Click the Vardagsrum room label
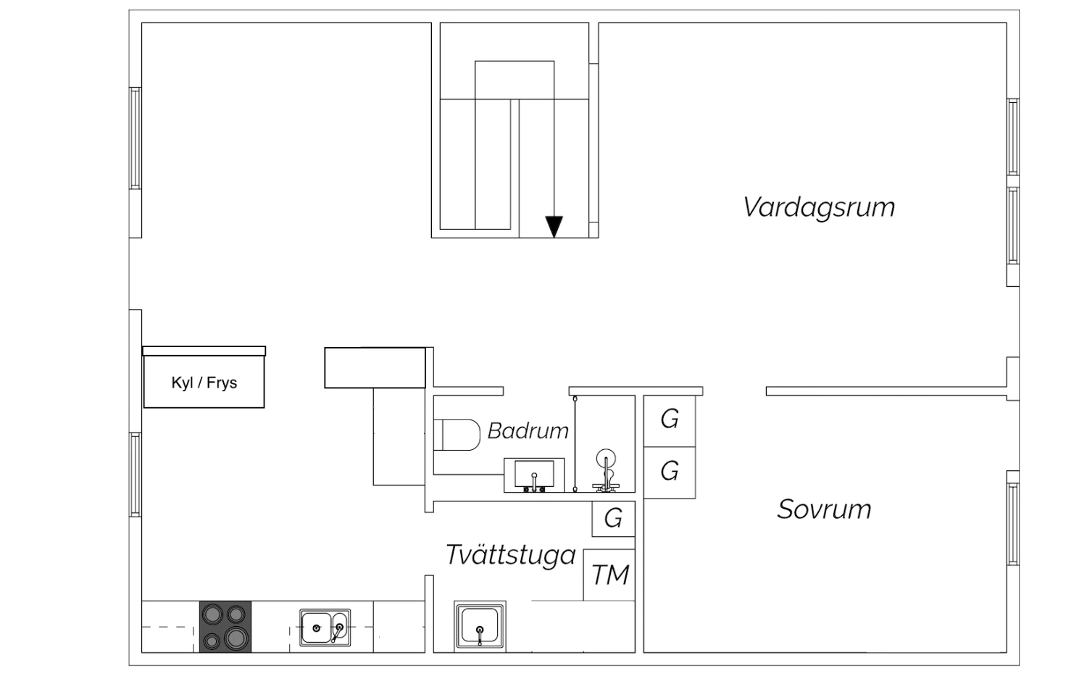[819, 207]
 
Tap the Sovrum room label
[824, 509]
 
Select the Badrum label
[528, 430]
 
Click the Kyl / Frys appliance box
[204, 382]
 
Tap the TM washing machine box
[609, 575]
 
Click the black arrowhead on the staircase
[554, 227]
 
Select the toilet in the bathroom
[457, 435]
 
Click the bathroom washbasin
[534, 475]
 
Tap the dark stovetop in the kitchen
[225, 627]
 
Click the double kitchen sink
[325, 628]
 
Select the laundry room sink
[480, 626]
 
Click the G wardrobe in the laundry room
[613, 519]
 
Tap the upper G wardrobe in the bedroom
[670, 420]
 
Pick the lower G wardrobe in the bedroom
[670, 472]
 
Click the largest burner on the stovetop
[236, 636]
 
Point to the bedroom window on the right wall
[1013, 524]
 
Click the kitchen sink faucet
[338, 632]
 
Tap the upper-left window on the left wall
[136, 138]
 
